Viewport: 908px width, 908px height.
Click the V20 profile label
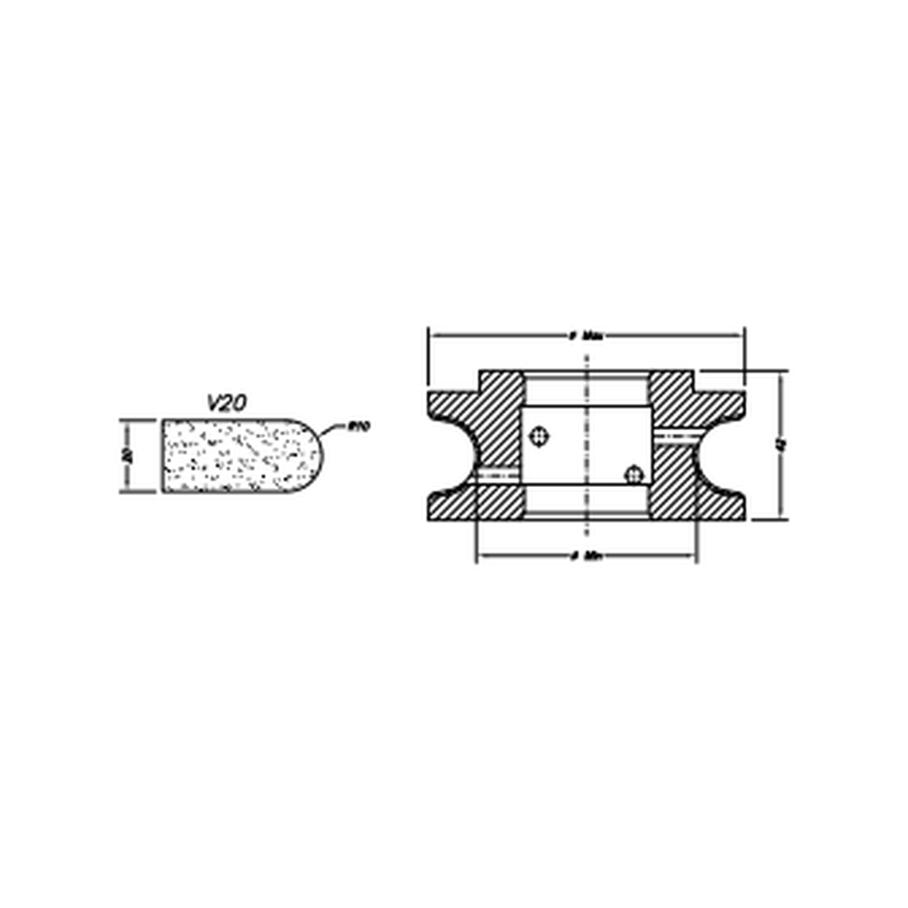227,402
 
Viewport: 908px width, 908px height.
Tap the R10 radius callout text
358,427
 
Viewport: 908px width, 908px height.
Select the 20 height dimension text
129,456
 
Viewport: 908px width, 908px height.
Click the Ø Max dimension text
587,336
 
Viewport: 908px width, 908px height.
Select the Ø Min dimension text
587,557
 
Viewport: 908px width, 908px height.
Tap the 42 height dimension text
780,446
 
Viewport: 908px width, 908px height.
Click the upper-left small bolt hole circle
538,435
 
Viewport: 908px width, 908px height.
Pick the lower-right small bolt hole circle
633,474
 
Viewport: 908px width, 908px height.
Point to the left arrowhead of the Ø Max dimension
434,336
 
